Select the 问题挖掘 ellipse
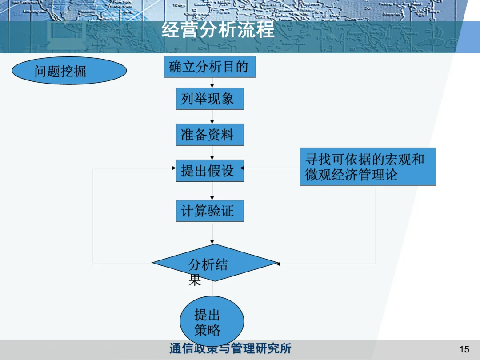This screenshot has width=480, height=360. pos(69,71)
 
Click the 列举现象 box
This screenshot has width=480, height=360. pos(210,98)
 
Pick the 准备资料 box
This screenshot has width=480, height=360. pos(210,134)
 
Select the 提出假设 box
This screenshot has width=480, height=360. pos(210,170)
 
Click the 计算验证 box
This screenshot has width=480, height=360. pos(210,210)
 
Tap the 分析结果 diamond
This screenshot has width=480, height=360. pos(214,263)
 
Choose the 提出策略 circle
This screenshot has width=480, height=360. pos(212,322)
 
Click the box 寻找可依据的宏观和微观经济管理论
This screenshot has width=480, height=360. pos(368,167)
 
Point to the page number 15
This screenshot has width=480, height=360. pos(464,349)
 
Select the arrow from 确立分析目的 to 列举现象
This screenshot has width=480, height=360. pos(212,83)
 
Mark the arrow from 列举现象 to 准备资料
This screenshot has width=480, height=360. pos(212,116)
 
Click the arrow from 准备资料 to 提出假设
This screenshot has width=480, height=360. pos(212,152)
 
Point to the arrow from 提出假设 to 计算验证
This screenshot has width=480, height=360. pos(212,191)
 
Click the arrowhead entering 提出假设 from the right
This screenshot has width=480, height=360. pos(243,168)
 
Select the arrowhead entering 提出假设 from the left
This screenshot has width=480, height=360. pos(174,168)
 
